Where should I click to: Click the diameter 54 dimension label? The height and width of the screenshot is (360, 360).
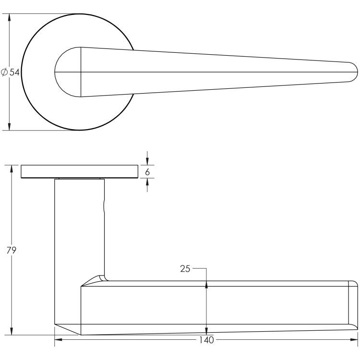[x=11, y=72]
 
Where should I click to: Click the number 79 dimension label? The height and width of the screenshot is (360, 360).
[x=11, y=250]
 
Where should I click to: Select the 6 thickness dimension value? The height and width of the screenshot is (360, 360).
[x=147, y=172]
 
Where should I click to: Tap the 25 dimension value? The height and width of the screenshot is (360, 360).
[x=185, y=269]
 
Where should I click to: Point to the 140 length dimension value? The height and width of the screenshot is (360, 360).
[x=206, y=340]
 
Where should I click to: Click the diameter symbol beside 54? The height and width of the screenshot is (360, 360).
[x=4, y=72]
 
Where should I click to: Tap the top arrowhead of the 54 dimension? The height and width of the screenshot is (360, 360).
[x=9, y=17]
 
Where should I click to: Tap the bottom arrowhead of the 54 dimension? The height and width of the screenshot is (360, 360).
[x=9, y=127]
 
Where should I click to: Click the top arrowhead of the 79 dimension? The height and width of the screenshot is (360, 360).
[x=12, y=169]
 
